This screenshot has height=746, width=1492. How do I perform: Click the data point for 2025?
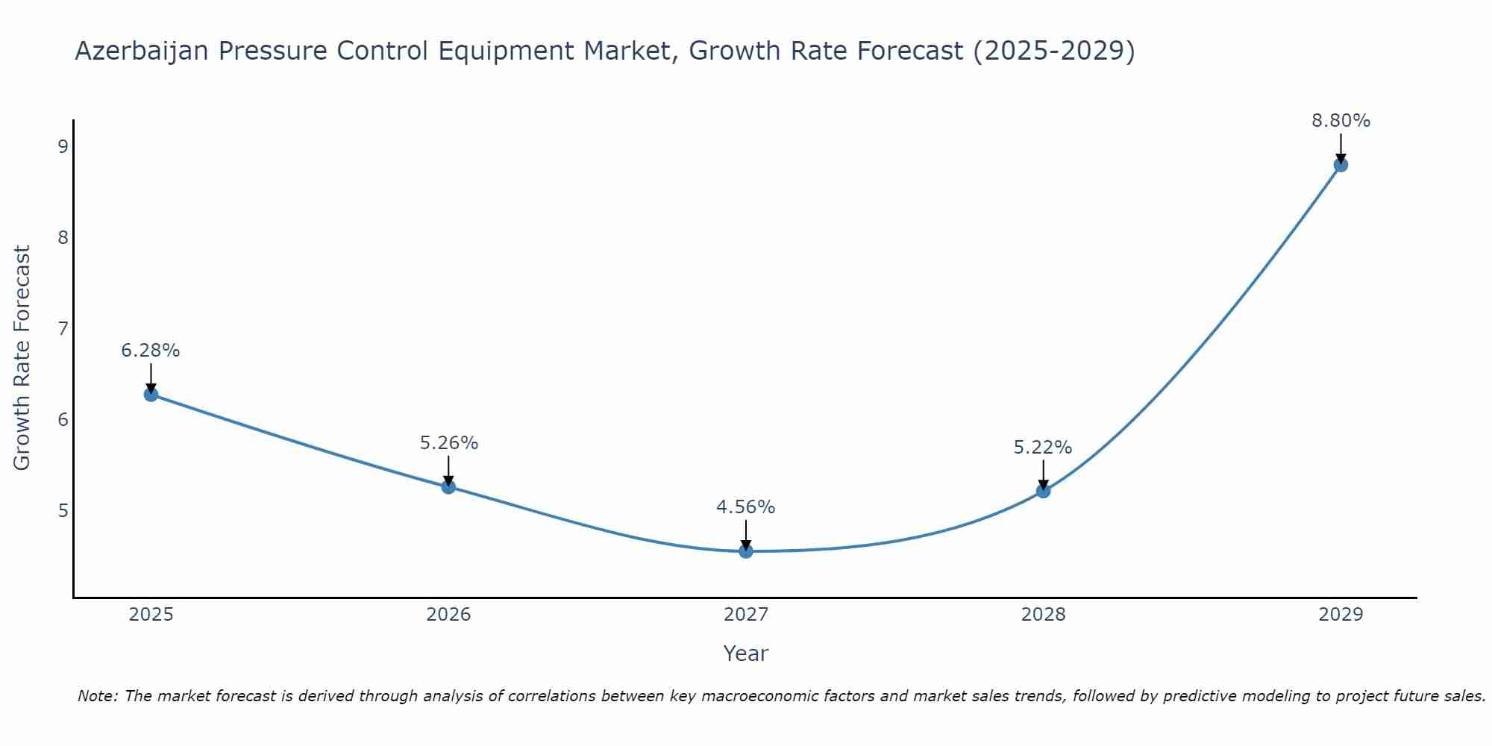click(151, 395)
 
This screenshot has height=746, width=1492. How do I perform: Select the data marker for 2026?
click(448, 487)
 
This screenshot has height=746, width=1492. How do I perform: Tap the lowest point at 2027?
click(746, 551)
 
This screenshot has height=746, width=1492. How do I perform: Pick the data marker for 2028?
click(1043, 491)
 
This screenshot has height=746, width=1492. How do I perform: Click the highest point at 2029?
click(1341, 165)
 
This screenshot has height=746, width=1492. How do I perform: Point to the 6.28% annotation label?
click(151, 351)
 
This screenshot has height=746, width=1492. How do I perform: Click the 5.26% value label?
click(448, 443)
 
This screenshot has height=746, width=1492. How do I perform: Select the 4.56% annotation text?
click(746, 507)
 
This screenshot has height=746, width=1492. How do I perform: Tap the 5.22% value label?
click(1043, 448)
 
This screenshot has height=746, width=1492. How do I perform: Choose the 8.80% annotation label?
click(1341, 121)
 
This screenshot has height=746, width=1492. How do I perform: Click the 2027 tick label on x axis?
click(746, 615)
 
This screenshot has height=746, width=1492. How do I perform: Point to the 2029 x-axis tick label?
click(1341, 615)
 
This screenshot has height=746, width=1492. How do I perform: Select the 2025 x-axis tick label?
click(151, 615)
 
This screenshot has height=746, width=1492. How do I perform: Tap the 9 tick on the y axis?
click(63, 146)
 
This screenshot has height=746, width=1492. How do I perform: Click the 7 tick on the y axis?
click(63, 328)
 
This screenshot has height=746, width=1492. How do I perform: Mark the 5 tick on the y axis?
click(63, 511)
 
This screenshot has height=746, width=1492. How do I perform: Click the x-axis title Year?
click(746, 653)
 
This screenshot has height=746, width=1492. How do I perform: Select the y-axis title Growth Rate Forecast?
click(22, 358)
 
